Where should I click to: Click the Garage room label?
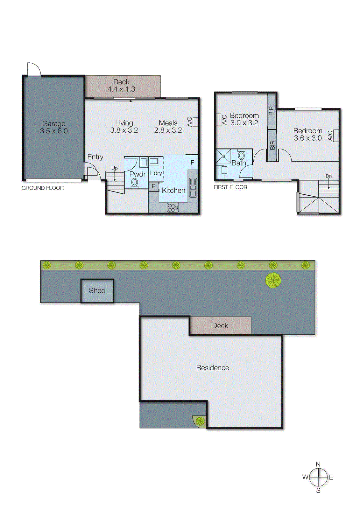(x=54, y=127)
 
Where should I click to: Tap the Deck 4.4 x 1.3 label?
(x=121, y=86)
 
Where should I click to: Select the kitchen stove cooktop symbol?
(x=173, y=208)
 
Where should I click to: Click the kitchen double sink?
(x=193, y=187)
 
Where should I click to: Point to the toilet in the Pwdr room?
(x=135, y=183)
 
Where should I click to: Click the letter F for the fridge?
(x=192, y=163)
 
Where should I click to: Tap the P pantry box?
(x=153, y=186)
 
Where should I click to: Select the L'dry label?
(x=156, y=173)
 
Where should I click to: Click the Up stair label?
(x=115, y=168)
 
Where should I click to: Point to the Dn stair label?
(x=328, y=176)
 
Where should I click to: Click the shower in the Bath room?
(x=223, y=156)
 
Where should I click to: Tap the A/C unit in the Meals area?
(x=195, y=122)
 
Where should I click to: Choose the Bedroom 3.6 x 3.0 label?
(x=308, y=134)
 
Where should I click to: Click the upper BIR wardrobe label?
(x=272, y=111)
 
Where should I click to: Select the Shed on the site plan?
(x=97, y=290)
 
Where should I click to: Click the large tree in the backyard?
(x=273, y=280)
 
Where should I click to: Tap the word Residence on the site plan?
(x=213, y=368)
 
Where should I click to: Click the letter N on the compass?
(x=318, y=464)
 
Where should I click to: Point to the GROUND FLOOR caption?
(x=43, y=188)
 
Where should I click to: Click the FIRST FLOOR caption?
(x=230, y=187)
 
